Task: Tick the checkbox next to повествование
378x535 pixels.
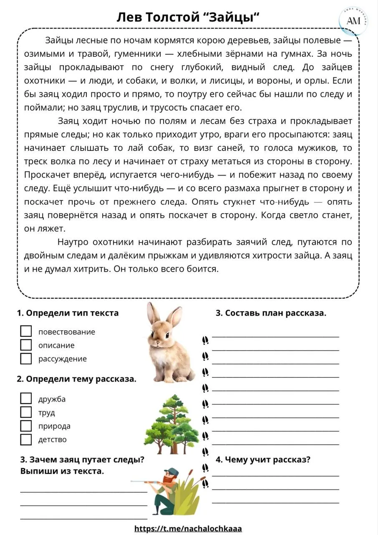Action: [26, 331]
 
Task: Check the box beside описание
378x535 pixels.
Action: [26, 345]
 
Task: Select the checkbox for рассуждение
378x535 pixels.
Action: [26, 359]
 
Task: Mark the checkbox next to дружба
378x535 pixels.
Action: [26, 398]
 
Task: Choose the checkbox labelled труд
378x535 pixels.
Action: [26, 412]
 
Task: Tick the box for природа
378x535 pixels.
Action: [26, 426]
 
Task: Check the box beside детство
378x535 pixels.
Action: [26, 439]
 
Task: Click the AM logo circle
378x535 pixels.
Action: [353, 20]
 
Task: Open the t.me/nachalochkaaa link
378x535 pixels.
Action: [188, 528]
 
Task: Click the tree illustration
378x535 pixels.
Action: [172, 424]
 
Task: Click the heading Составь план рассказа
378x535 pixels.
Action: [271, 313]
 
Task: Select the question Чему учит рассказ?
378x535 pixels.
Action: [263, 460]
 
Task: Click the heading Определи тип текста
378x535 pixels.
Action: [68, 313]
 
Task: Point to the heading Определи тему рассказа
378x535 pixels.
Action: [76, 379]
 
